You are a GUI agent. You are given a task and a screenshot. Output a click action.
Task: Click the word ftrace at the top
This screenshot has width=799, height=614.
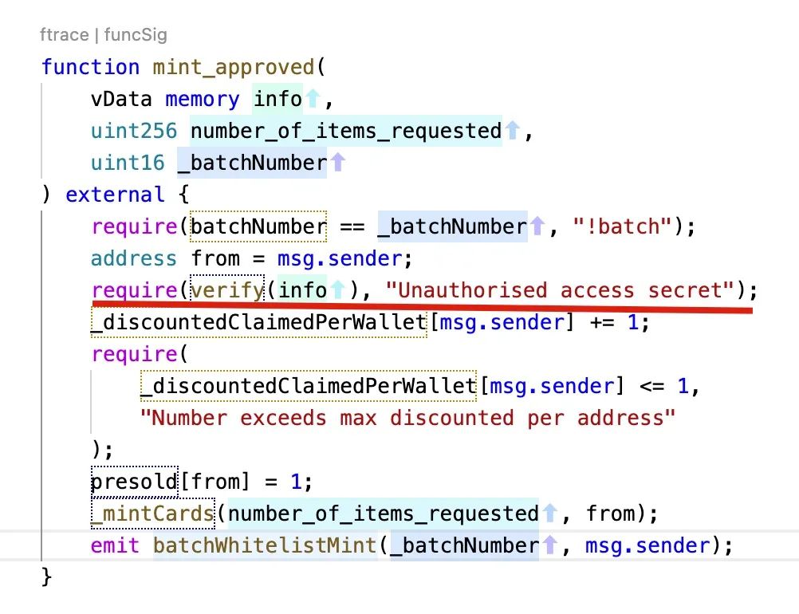click(x=65, y=34)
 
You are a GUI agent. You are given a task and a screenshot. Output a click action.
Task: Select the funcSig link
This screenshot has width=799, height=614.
click(x=136, y=34)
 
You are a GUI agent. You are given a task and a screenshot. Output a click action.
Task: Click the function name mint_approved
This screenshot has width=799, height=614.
click(x=234, y=67)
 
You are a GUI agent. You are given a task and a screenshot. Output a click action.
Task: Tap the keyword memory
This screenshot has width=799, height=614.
click(x=203, y=99)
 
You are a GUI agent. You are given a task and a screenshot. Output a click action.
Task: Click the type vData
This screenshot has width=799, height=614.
click(x=121, y=99)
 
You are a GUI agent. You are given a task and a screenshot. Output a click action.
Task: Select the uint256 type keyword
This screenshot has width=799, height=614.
click(x=133, y=131)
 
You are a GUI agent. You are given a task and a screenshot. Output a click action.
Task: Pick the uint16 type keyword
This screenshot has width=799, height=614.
click(x=128, y=163)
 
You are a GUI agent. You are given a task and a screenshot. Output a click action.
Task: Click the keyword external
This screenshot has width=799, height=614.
click(x=115, y=195)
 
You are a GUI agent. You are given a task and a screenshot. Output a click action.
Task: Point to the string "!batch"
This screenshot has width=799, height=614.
click(x=623, y=226)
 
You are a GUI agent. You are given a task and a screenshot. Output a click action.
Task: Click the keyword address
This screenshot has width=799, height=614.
click(x=133, y=258)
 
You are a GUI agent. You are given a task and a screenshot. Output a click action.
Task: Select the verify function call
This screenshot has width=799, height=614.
click(x=227, y=290)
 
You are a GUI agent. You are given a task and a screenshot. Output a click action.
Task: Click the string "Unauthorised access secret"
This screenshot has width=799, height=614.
click(x=560, y=290)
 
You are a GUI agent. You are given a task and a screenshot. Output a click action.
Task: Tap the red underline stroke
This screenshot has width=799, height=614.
click(x=423, y=307)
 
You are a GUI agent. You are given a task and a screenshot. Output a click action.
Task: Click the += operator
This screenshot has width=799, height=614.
click(x=602, y=322)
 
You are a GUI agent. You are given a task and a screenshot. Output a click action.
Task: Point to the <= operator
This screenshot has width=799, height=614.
click(x=651, y=386)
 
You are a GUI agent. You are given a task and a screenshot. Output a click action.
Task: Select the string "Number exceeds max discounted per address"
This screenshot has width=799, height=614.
click(x=407, y=418)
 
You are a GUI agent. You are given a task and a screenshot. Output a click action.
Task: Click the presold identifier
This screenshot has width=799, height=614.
click(x=134, y=482)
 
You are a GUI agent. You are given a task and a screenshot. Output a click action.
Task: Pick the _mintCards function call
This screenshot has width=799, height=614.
click(x=153, y=514)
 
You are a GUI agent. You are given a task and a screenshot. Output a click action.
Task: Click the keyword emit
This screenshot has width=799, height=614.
click(x=115, y=545)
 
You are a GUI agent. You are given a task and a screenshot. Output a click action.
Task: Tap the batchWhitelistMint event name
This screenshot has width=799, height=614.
click(x=265, y=545)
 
